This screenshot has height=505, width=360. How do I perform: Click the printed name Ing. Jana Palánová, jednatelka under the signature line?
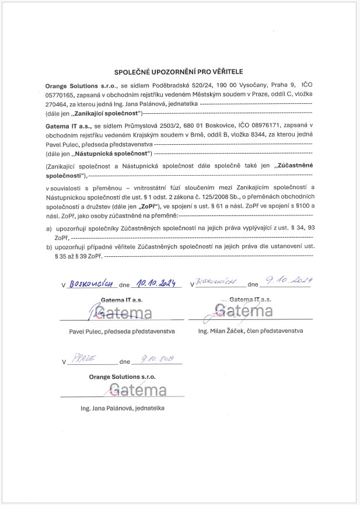(x=123, y=408)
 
